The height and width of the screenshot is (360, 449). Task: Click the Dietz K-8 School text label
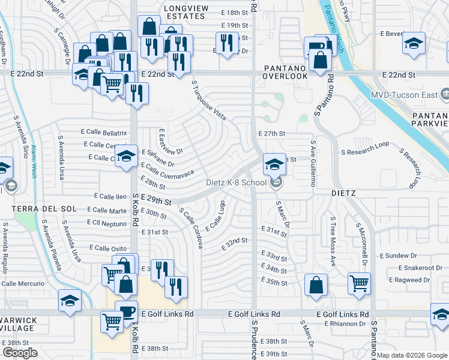click(237, 183)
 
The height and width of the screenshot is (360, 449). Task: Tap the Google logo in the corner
click(20, 352)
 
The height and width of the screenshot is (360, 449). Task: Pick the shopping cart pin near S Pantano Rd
click(359, 283)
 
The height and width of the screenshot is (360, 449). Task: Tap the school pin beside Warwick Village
click(70, 301)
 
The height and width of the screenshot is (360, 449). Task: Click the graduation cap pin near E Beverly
click(414, 44)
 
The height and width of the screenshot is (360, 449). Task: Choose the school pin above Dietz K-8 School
click(274, 164)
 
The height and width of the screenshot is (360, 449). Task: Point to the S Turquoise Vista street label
click(209, 100)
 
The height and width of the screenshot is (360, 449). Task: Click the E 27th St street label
click(271, 134)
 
